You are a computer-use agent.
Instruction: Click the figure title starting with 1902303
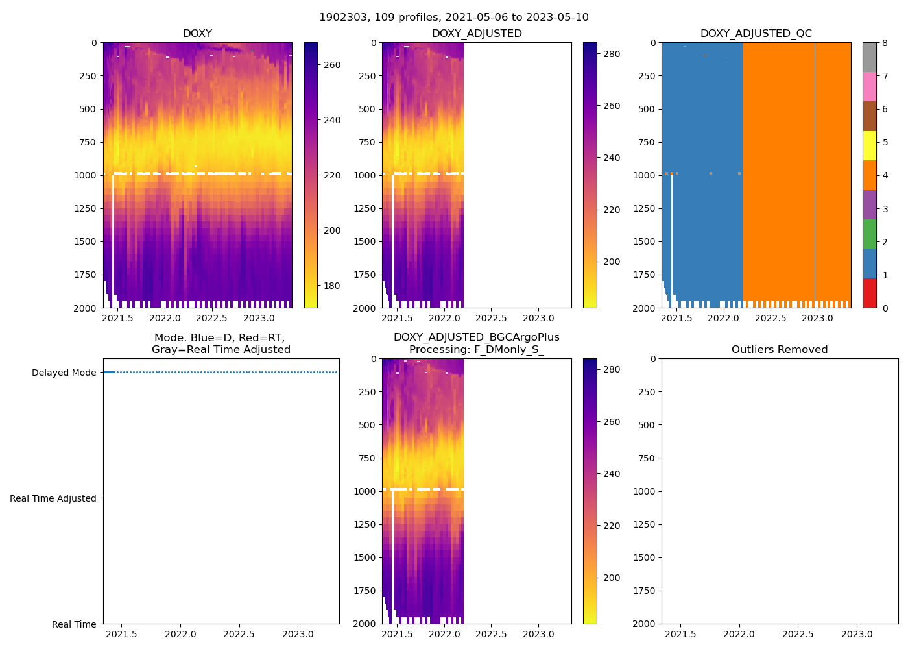[454, 18]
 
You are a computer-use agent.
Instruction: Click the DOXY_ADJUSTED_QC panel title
[756, 33]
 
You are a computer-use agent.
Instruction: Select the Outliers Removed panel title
[780, 349]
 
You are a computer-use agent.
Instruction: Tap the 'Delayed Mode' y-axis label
[64, 373]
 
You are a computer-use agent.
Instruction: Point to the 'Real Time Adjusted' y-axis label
[53, 498]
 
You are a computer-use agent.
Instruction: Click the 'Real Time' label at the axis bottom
[74, 624]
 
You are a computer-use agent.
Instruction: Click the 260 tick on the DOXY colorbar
[332, 65]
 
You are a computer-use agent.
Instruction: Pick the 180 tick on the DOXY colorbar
[332, 286]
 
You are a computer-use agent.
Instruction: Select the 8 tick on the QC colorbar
[885, 43]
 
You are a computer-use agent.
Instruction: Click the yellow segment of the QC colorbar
[869, 145]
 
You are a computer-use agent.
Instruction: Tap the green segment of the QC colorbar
[869, 234]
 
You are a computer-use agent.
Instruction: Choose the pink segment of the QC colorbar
[869, 86]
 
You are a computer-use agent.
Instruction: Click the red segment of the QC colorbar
[869, 293]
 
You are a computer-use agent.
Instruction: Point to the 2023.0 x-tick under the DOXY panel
[259, 318]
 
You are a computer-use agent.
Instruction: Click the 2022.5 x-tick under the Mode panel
[239, 634]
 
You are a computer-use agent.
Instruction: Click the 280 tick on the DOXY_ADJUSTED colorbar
[612, 54]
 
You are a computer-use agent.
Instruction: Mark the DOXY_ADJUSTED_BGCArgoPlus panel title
[476, 343]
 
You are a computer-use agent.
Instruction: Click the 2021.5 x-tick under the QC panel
[676, 318]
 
